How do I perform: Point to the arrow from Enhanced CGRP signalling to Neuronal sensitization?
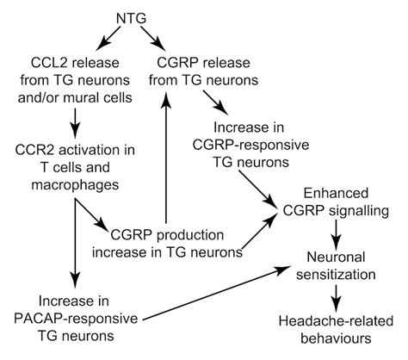(x=336, y=235)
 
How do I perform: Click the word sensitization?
(x=337, y=275)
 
